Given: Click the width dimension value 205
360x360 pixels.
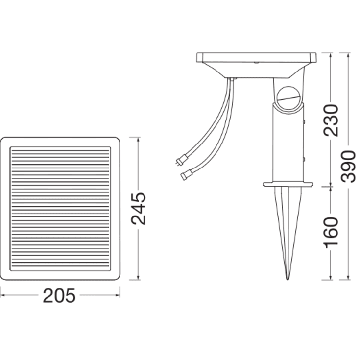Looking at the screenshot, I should point(59,296).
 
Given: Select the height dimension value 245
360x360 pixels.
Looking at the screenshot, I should point(139,209).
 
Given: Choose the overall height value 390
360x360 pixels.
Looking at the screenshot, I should point(348,167).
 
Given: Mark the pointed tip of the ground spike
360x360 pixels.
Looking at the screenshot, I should point(287,279).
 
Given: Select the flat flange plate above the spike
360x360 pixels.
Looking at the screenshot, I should point(287,184).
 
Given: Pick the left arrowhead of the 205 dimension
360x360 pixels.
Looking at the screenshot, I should point(2,296).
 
